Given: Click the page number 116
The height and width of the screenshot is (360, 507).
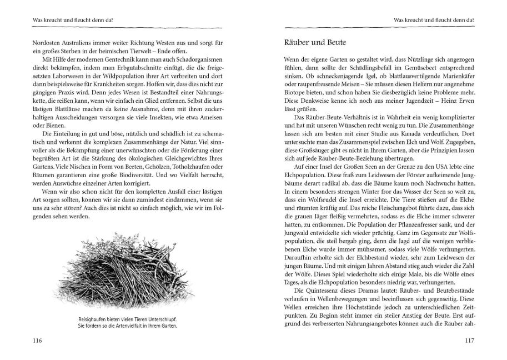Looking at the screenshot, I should coord(23,341).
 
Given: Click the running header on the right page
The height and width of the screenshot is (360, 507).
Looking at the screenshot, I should coord(436,21).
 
